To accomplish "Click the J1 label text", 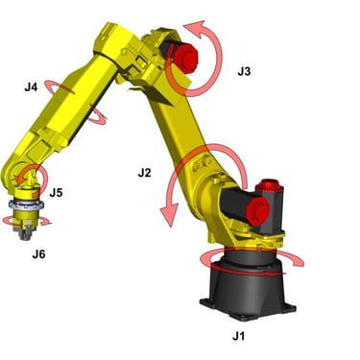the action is click(239, 336).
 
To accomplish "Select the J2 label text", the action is click(144, 173).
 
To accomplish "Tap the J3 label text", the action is click(244, 71).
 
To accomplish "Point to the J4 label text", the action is click(31, 87).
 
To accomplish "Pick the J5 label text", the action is click(56, 193).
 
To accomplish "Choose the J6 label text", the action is click(38, 254).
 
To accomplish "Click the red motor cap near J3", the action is click(185, 59).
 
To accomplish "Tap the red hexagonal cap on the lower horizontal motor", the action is click(258, 211).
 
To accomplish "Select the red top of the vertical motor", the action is click(270, 185).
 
